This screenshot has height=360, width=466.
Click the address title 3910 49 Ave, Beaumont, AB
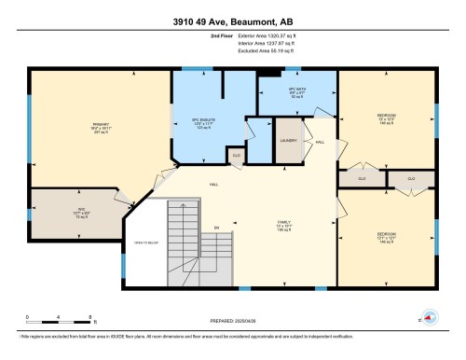(x=232, y=21)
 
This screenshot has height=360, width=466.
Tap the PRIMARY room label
(x=101, y=127)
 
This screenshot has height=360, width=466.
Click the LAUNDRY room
(x=288, y=141)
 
